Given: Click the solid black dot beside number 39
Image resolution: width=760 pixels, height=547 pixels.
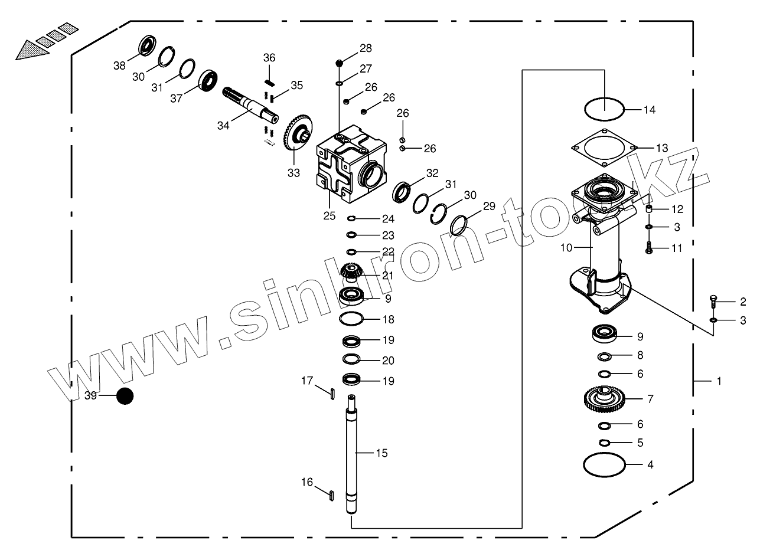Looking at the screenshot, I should pos(125,397).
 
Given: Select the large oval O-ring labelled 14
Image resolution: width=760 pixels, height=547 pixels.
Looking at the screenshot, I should pos(604,109).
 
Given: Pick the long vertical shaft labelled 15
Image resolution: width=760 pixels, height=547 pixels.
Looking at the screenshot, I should pos(353,454).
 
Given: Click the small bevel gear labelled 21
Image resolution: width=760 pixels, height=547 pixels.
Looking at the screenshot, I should pos(352,272).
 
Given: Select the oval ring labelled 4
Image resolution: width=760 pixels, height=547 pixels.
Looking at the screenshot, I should pos(604,464).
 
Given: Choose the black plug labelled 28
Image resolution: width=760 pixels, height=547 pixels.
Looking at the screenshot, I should pos(340,62).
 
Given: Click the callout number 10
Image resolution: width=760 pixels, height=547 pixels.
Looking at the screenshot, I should pos(566,248).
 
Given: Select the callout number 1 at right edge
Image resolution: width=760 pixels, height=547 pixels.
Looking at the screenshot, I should pos(719,381).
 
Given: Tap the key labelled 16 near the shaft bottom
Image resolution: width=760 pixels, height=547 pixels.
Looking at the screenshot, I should pos(332,494).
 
